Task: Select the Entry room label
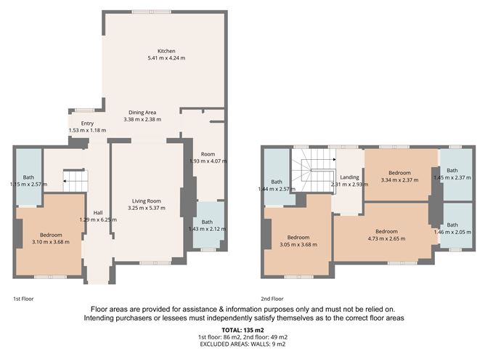click(87, 124)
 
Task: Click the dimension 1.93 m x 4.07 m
click(208, 161)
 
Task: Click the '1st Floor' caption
click(23, 299)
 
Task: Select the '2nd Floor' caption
click(272, 299)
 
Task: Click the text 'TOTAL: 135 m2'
click(242, 330)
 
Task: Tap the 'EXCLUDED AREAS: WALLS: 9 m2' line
click(242, 344)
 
